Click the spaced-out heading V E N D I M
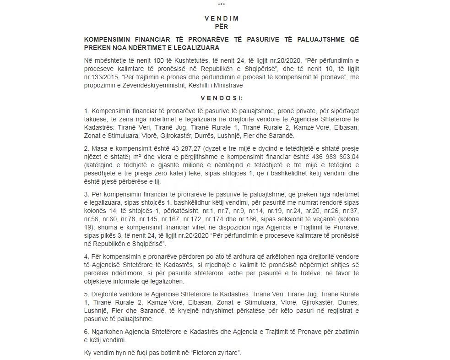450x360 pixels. pyautogui.click(x=222, y=19)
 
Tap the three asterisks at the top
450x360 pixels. pyautogui.click(x=222, y=5)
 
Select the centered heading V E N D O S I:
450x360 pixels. pyautogui.click(x=222, y=98)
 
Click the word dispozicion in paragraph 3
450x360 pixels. pyautogui.click(x=243, y=228)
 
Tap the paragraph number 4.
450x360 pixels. pyautogui.click(x=87, y=256)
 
